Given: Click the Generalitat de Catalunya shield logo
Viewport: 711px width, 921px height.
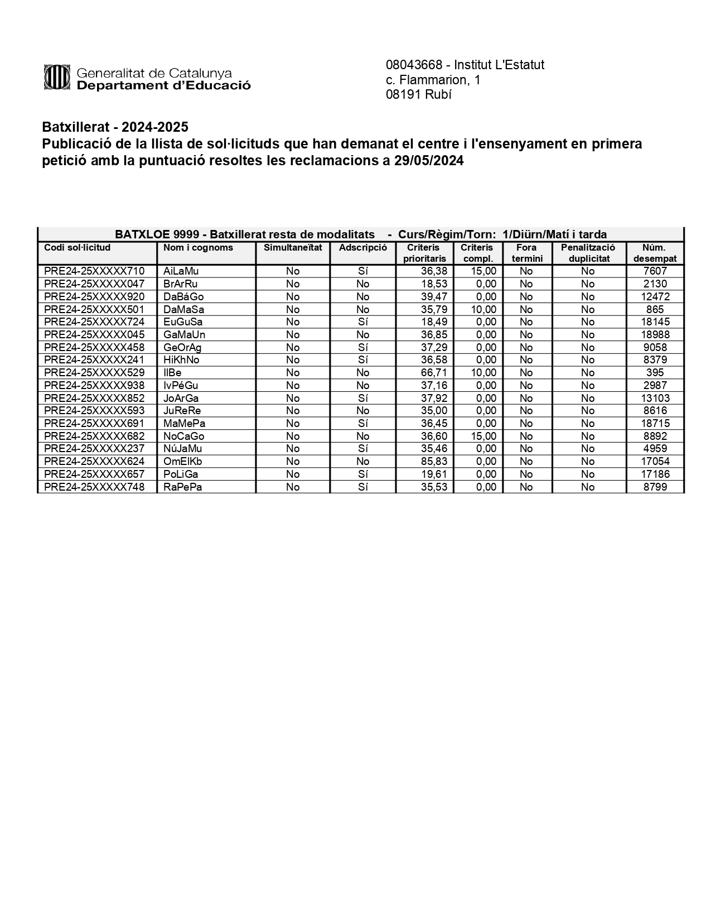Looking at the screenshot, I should click(56, 77).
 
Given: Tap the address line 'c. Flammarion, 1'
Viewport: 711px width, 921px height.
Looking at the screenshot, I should click(433, 80).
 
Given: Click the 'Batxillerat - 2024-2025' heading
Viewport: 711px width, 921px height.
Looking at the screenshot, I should click(115, 127).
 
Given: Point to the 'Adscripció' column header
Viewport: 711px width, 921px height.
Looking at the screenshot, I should click(362, 248).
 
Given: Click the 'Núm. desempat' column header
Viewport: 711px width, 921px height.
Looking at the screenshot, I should click(655, 253).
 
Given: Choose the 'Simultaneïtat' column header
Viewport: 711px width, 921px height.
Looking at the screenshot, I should click(293, 248).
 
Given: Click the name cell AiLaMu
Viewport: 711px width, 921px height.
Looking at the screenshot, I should click(181, 271).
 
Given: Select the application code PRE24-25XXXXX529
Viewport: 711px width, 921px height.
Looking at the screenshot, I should click(94, 373).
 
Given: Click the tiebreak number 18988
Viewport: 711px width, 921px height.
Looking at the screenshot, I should click(655, 335).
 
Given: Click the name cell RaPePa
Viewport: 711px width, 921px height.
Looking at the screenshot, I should click(182, 487).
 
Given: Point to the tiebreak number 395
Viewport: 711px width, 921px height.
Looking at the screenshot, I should click(655, 373).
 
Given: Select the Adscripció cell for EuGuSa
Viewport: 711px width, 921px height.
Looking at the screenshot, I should click(362, 322).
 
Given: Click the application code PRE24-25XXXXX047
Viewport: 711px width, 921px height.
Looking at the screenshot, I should click(94, 284).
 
